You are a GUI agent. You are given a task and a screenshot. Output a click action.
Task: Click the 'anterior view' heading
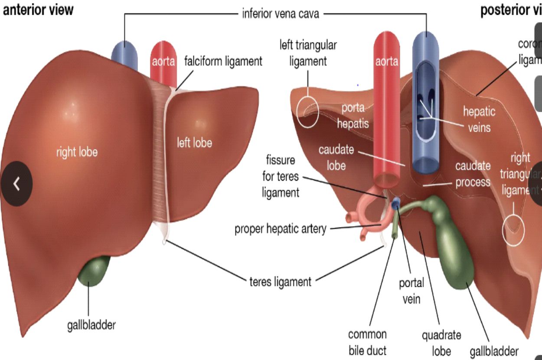coord(38,10)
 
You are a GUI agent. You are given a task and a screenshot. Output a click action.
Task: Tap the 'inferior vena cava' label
coord(281,14)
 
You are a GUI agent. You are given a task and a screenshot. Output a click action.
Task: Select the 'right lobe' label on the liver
coord(77,152)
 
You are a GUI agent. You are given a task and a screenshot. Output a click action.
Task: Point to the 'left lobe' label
coord(194,142)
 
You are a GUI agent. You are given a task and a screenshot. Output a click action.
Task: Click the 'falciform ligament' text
coord(223,61)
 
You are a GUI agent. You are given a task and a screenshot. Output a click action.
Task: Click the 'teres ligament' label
coord(281,282)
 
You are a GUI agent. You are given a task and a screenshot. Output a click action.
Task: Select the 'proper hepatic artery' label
coord(280,229)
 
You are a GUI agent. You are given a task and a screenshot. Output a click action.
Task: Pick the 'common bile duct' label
coord(367,342)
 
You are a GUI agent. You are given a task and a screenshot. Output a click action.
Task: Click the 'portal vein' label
coord(411,291)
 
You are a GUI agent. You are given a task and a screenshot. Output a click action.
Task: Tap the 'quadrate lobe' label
coord(441,342)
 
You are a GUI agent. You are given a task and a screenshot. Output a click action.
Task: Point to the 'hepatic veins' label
coord(479,119)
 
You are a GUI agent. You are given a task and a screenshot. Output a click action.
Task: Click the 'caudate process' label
coord(473,174)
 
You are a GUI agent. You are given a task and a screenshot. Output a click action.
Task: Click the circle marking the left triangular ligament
coord(308,111)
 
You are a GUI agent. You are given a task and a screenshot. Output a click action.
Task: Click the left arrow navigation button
coord(16,184)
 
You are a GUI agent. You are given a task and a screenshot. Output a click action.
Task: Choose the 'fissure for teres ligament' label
coord(281,176)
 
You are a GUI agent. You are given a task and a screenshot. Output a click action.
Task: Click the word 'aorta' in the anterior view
coord(163,62)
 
